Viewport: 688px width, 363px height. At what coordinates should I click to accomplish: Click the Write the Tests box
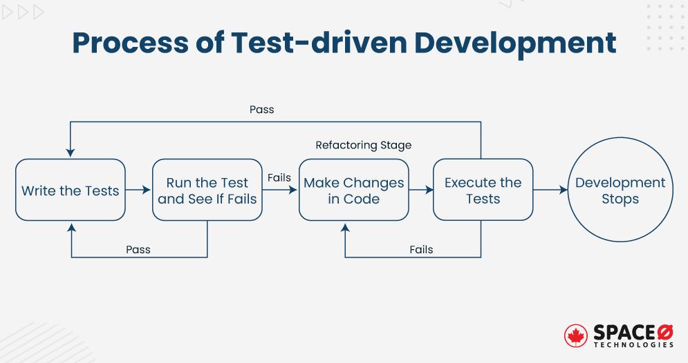click(70, 190)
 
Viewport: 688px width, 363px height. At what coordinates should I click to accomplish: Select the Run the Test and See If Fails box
click(207, 190)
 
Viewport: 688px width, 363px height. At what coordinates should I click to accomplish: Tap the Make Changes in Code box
click(353, 190)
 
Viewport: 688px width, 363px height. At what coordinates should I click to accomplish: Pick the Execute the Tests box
click(483, 190)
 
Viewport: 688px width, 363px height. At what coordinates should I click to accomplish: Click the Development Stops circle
click(620, 190)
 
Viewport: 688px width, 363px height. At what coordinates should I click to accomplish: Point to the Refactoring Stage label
click(363, 145)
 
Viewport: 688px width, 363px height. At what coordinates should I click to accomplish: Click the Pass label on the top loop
click(261, 110)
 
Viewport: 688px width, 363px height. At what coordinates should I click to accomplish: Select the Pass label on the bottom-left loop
click(138, 249)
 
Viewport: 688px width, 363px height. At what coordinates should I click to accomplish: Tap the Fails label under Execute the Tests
click(421, 249)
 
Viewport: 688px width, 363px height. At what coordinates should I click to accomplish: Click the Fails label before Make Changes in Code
click(279, 178)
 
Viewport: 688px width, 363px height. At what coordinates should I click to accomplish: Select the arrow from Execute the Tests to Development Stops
click(550, 190)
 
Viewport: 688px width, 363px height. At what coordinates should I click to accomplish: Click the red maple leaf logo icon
click(575, 335)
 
